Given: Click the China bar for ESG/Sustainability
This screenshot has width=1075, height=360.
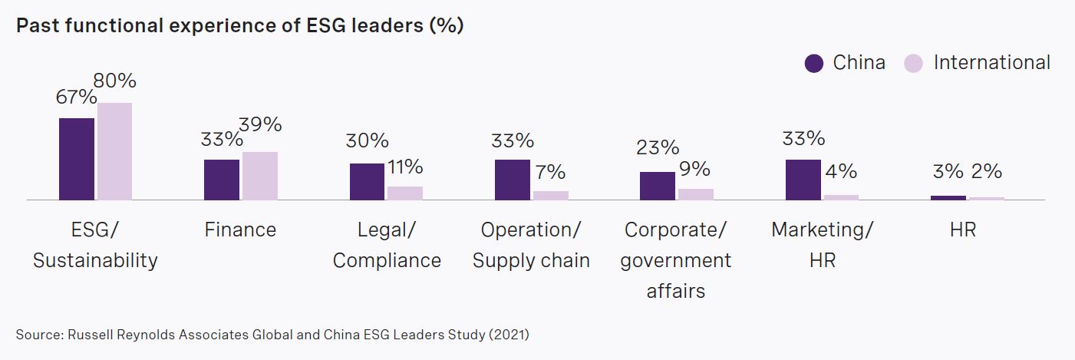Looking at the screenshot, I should pos(77,159).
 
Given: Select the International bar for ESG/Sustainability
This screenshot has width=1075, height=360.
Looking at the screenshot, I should pos(114,151).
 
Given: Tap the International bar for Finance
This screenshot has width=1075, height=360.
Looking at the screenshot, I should pos(259,176).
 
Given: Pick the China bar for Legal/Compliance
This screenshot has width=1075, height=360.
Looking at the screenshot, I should pos(368,181).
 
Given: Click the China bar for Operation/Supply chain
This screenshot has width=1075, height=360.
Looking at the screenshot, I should pos(513,180).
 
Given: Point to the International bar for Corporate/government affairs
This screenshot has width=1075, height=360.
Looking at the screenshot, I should pos(695,194).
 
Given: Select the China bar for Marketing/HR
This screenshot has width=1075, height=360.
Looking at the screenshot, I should pos(803,180).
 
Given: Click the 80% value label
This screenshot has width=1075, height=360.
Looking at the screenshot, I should pos(114,81).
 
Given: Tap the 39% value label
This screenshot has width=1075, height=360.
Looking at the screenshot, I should pos(260,124).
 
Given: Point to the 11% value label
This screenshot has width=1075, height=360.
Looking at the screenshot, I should pos(404,167).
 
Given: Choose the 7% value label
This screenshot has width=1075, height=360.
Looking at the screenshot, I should pos(549,172).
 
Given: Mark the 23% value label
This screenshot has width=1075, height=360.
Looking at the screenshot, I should pos(658,147).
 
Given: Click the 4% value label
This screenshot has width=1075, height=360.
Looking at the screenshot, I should pos(841,172).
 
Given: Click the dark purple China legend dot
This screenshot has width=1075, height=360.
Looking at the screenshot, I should pos(814,63).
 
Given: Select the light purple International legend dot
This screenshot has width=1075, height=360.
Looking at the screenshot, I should pos(913,63).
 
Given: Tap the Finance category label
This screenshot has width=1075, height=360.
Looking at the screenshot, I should pos(240,230).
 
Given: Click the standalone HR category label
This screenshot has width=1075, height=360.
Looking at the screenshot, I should pos(962,230).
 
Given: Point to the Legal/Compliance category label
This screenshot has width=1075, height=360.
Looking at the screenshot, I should pos(387,245).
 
